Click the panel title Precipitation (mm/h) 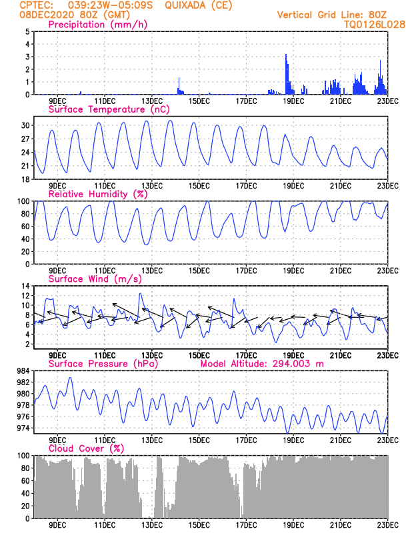(x=97, y=25)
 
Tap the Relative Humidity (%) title (x=97, y=194)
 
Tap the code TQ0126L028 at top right (x=375, y=24)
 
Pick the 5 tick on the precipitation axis (x=27, y=32)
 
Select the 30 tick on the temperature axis (x=24, y=125)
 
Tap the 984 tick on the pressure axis (x=22, y=371)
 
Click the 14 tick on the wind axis (x=24, y=286)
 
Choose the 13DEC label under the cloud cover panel (x=151, y=525)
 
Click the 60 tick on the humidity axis (x=24, y=227)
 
